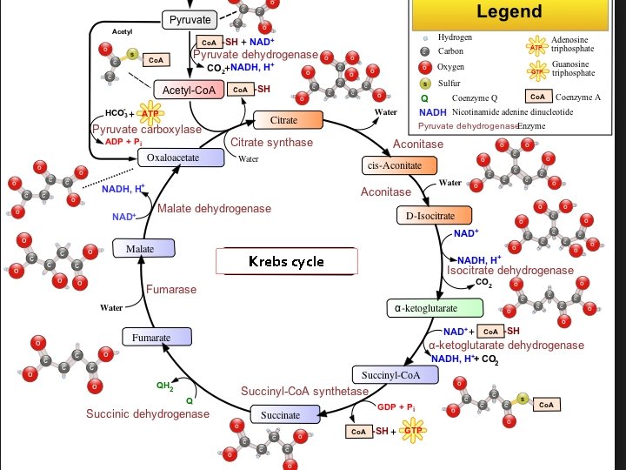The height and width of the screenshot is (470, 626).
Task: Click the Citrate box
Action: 289,119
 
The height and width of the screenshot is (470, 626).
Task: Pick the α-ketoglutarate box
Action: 435,307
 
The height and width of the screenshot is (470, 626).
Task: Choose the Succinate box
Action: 280,415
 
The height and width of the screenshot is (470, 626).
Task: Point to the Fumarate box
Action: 151,337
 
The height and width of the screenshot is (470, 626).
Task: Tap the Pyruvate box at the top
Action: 190,19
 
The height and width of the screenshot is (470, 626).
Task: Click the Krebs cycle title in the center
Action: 286,261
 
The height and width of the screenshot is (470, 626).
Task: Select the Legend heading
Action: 509,12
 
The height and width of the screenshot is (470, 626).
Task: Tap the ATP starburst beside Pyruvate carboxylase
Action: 150,114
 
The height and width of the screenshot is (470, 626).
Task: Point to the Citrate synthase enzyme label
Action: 271,142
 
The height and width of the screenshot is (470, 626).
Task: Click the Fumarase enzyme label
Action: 171,289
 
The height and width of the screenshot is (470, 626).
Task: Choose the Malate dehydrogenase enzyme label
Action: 214,209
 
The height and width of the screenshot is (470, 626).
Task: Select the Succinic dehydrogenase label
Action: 147,413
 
